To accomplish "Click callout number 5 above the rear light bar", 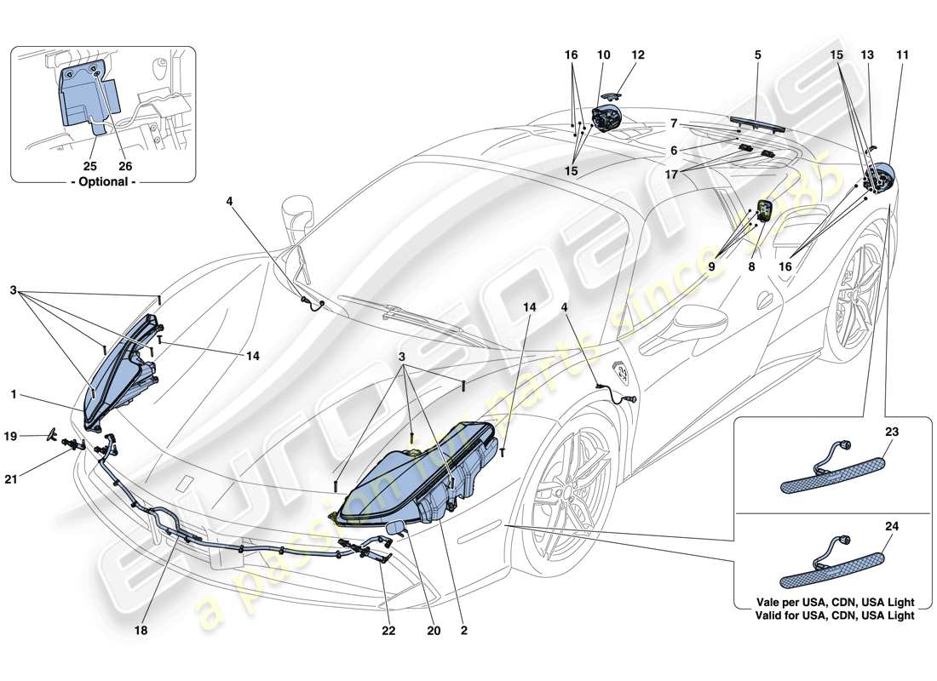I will coord(757,55).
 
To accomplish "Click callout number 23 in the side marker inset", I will coord(891,431).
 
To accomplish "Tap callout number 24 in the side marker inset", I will coord(891,525).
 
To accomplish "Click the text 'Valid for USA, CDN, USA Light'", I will coord(829,615).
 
